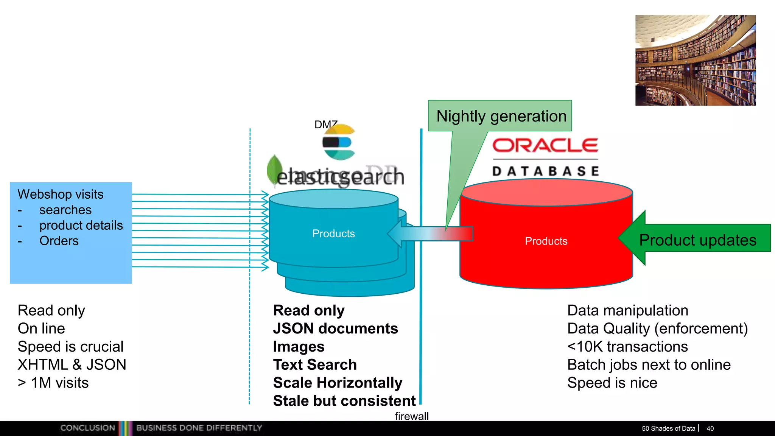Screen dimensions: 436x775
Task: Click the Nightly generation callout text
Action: click(x=501, y=116)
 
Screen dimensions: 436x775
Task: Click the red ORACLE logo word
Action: click(x=545, y=145)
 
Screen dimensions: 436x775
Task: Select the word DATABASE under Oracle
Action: click(x=546, y=171)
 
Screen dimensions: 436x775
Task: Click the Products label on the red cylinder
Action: click(x=546, y=241)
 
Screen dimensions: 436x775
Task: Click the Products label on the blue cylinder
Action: click(x=333, y=234)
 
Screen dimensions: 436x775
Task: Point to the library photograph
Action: click(x=695, y=61)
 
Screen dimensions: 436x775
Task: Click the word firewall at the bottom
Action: click(x=411, y=416)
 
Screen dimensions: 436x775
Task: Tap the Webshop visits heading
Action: click(x=61, y=194)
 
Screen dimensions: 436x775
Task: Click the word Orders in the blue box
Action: click(x=59, y=241)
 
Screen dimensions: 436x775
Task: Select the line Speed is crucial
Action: click(x=71, y=347)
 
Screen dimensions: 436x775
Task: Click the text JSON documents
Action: click(x=335, y=329)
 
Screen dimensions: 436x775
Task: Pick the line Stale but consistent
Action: click(x=344, y=401)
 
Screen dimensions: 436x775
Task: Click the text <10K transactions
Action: click(x=627, y=347)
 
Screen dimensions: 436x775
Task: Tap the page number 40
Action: click(x=710, y=428)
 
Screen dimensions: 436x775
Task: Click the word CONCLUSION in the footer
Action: click(x=87, y=428)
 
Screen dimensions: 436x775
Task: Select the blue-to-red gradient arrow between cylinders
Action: click(x=431, y=234)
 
